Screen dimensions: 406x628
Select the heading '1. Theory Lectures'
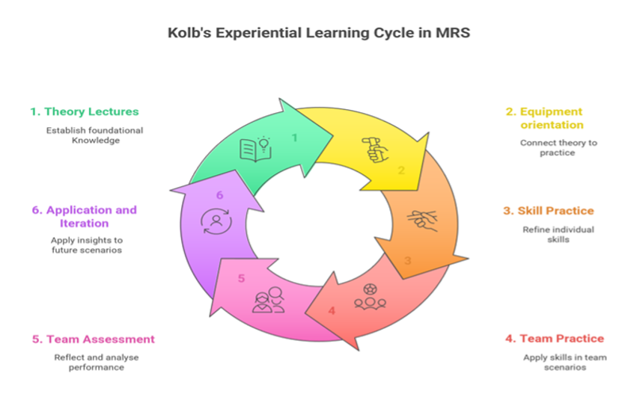[85, 111]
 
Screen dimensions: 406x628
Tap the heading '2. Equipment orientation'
[544, 118]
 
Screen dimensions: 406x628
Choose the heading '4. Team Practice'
[555, 339]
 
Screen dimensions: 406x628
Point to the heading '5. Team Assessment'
[94, 339]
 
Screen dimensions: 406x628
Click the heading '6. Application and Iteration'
[84, 216]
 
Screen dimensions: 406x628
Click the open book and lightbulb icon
[254, 147]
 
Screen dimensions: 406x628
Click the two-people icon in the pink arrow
[268, 300]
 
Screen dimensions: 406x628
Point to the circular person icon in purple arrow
[216, 221]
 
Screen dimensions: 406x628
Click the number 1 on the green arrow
[295, 137]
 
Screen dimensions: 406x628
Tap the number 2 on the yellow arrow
[401, 170]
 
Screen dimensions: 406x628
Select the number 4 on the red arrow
[332, 310]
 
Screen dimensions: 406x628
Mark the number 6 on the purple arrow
[219, 195]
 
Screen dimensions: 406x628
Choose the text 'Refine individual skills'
[558, 234]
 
